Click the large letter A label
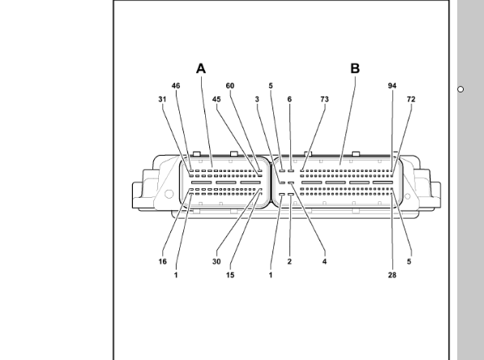[x=201, y=69]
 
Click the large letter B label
[x=355, y=69]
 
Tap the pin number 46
[x=176, y=86]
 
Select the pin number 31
[x=162, y=100]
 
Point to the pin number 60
[x=230, y=86]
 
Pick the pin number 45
[x=216, y=100]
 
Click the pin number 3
[x=257, y=100]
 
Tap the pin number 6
[x=289, y=100]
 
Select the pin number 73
[x=325, y=100]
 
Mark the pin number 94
[x=392, y=86]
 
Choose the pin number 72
[x=411, y=100]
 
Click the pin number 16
[x=163, y=262]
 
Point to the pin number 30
[x=216, y=262]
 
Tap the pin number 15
[x=230, y=275]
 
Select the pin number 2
[x=289, y=262]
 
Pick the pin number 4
[x=324, y=262]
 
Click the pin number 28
[x=392, y=275]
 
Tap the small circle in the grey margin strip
[x=460, y=89]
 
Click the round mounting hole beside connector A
[x=169, y=194]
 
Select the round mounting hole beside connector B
[x=408, y=196]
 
